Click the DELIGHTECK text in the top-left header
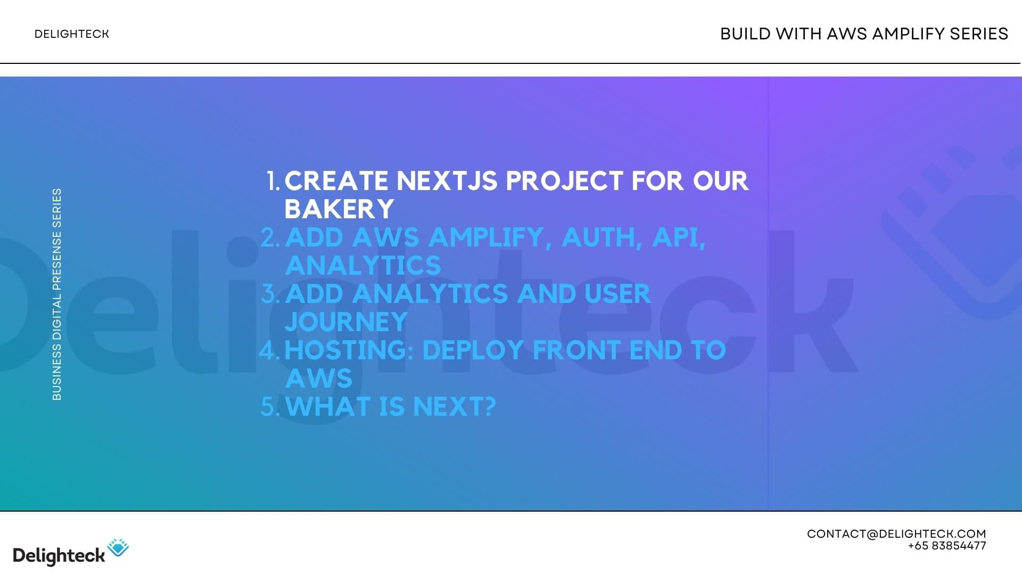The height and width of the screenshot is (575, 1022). pos(71,34)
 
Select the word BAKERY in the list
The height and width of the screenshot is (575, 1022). pos(339,209)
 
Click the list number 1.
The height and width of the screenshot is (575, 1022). pos(273,181)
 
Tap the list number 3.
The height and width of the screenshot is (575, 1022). pos(270,294)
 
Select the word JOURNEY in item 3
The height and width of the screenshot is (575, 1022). pos(346,322)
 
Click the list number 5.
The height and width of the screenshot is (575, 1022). pos(270,407)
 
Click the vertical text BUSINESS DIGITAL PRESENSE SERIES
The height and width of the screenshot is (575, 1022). pos(57,294)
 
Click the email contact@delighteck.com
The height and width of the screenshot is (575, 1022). pos(896,534)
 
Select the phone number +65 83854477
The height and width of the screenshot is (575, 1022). pos(947,546)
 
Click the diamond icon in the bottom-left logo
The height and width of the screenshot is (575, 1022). pos(118,548)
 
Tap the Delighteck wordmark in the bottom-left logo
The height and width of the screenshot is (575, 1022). pos(59,556)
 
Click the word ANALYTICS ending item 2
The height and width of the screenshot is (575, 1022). pos(363,266)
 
